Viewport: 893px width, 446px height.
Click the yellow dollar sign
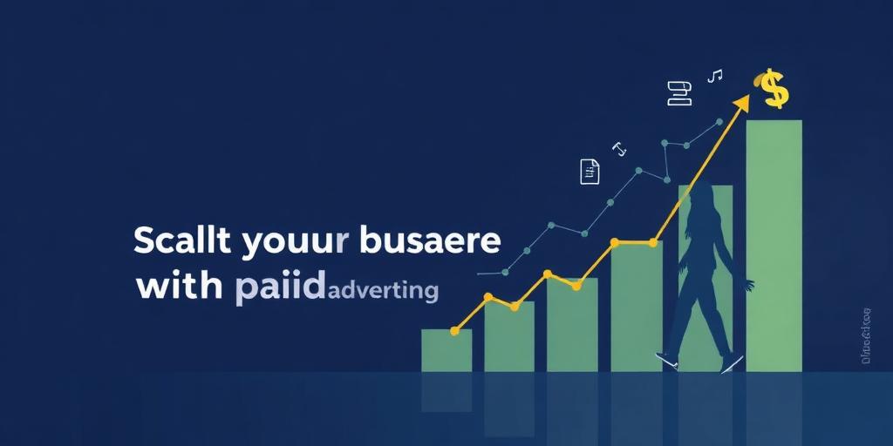click(x=773, y=90)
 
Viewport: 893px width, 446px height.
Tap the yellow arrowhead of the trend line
click(x=741, y=105)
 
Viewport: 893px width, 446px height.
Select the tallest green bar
click(x=774, y=244)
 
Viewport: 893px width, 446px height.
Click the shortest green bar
click(x=446, y=350)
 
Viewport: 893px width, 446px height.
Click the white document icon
click(x=590, y=172)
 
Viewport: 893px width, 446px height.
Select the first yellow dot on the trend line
click(x=454, y=331)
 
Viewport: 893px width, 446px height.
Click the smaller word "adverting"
click(x=381, y=289)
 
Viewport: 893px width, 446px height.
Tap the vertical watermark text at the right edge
click(x=866, y=335)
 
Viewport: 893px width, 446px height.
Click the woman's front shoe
click(x=731, y=363)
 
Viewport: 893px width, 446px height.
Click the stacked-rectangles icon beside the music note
click(x=678, y=92)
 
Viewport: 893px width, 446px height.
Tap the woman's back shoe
click(x=666, y=360)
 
